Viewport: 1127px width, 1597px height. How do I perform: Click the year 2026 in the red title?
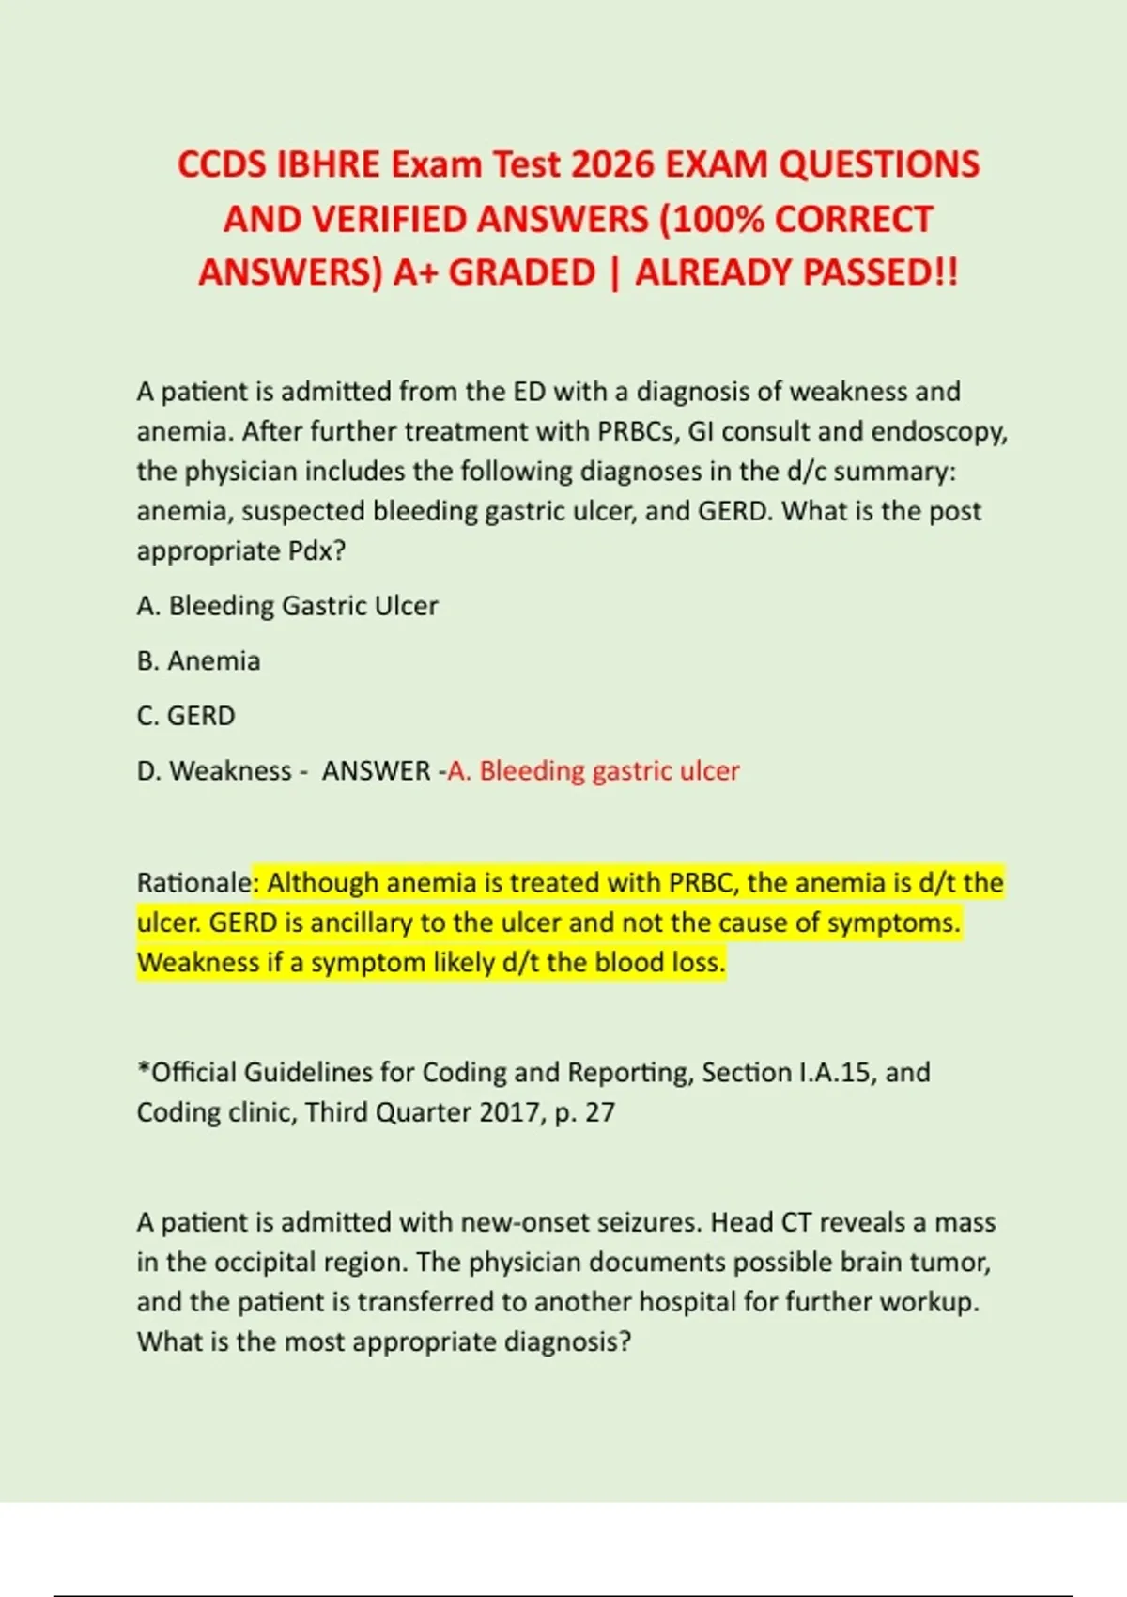tap(613, 164)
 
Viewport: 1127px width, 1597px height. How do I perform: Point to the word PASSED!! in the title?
tap(882, 272)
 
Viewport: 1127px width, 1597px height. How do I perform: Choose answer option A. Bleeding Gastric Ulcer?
tap(287, 606)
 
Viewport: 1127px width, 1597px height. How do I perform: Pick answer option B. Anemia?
tap(199, 661)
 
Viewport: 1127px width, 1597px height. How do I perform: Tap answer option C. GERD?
tap(186, 716)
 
